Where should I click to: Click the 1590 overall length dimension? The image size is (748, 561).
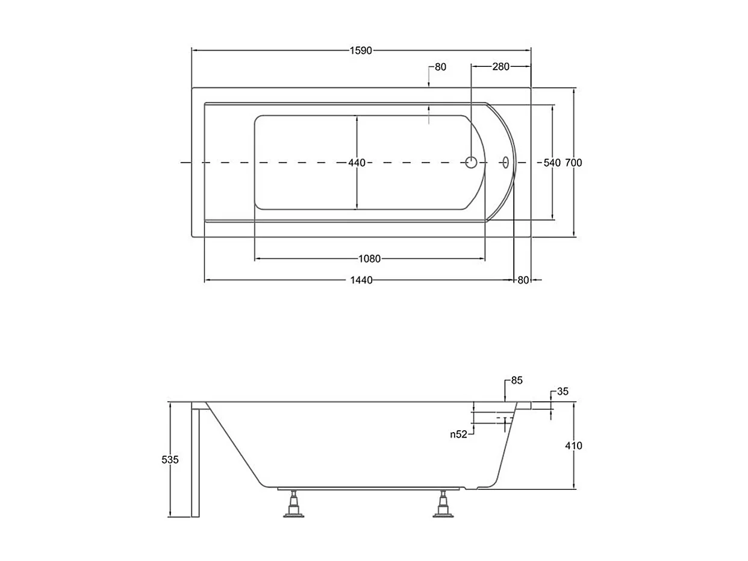point(361,51)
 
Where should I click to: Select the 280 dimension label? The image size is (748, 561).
point(500,67)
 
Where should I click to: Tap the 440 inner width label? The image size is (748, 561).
point(357,163)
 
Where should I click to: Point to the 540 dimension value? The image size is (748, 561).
point(552,163)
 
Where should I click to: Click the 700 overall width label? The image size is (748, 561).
point(574,163)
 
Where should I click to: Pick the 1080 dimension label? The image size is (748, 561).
point(370,259)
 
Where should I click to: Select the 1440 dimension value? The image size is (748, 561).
point(361,280)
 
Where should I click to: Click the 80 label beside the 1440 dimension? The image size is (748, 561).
point(523,280)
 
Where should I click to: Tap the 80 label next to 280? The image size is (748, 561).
point(440,67)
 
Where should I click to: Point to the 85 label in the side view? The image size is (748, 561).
point(517,381)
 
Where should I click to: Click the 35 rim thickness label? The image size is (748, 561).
point(563,392)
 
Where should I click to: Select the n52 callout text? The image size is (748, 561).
point(459,434)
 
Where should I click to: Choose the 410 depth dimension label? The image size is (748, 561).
point(574,446)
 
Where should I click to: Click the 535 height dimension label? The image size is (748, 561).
point(170,460)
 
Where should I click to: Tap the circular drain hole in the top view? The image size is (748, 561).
point(471,162)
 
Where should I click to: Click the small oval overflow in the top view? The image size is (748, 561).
point(505,162)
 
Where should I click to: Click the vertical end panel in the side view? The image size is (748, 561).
point(195,461)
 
